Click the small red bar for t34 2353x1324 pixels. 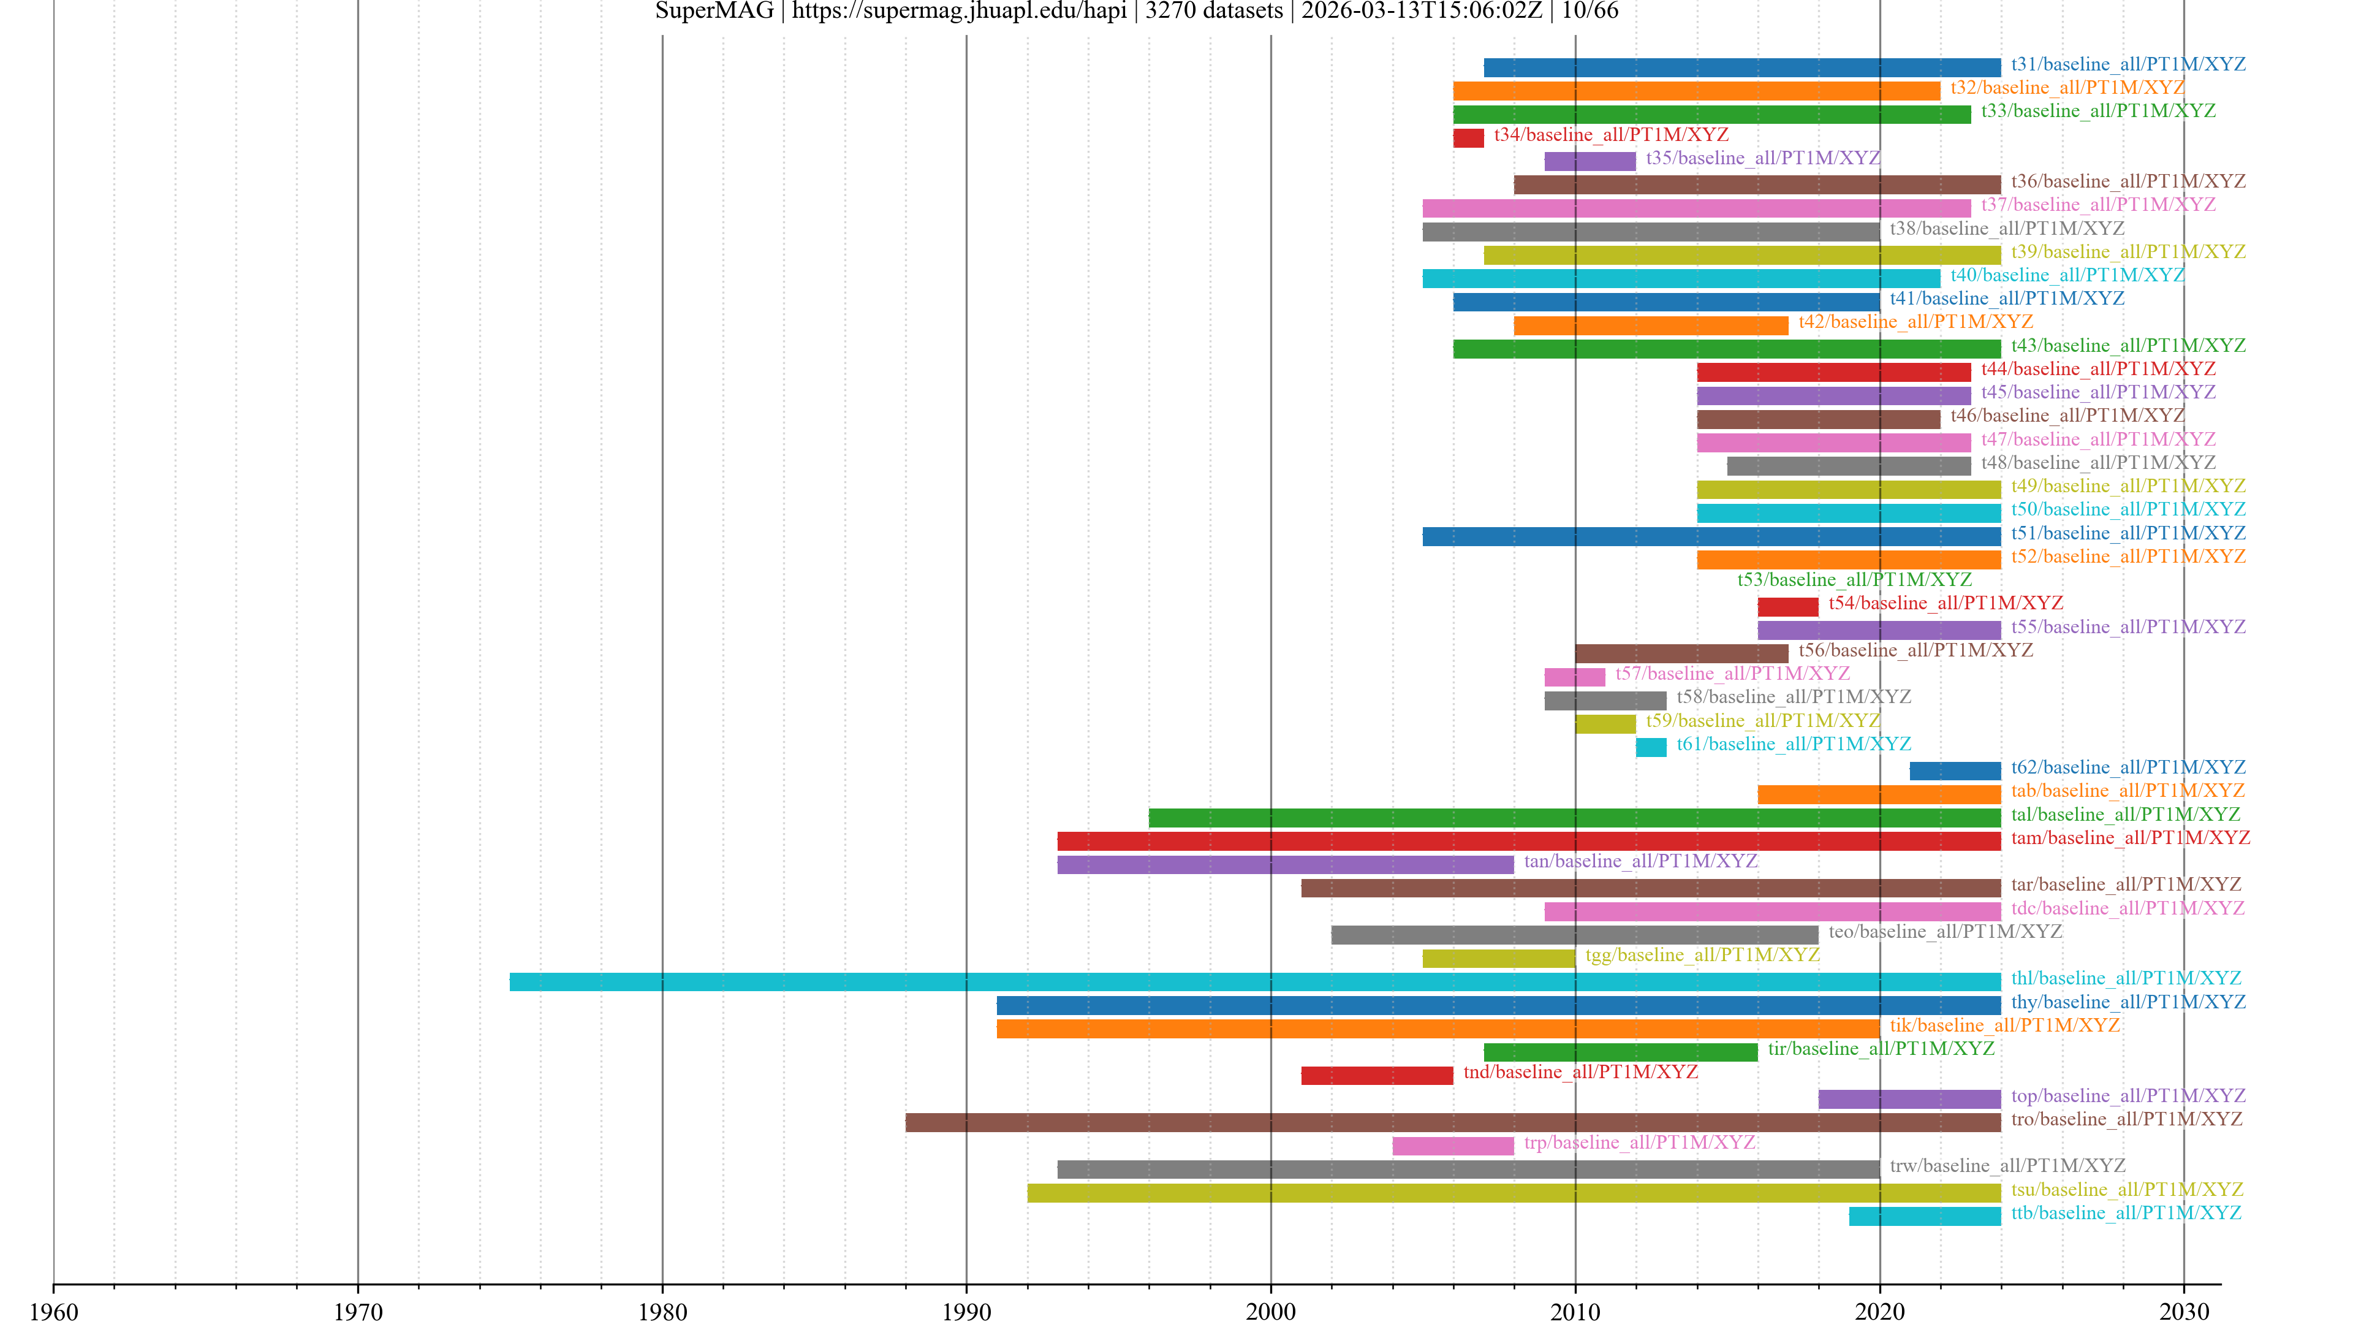(x=1468, y=138)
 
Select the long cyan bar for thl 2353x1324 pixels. (x=1254, y=982)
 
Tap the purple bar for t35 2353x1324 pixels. (x=1590, y=162)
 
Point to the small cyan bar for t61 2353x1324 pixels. (x=1651, y=747)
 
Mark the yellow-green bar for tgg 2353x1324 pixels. (x=1498, y=959)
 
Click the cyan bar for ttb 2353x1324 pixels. (x=1925, y=1216)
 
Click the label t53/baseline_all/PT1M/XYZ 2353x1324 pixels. (x=1854, y=580)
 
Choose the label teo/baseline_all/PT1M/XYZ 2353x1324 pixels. (x=1946, y=932)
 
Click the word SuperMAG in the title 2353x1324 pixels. (x=714, y=11)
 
